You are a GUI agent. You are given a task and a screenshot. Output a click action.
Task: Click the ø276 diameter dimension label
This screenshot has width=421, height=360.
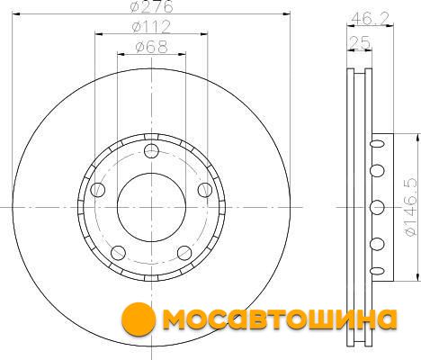click(151, 6)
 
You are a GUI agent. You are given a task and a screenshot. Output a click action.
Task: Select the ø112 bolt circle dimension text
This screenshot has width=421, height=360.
click(151, 27)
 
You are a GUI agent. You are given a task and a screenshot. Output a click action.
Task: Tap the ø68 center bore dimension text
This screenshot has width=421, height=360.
click(151, 47)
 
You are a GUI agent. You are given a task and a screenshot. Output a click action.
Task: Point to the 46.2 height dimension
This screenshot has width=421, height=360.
click(370, 19)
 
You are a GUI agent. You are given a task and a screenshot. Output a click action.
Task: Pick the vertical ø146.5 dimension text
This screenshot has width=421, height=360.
click(410, 207)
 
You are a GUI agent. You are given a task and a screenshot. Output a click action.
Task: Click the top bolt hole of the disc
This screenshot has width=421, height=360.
click(151, 151)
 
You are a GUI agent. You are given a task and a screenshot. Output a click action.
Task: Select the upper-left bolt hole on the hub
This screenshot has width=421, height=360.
click(98, 190)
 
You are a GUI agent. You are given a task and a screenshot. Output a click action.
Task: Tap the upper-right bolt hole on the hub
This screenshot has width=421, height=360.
click(205, 190)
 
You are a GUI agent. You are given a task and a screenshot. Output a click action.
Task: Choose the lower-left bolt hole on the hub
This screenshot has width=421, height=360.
click(118, 253)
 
